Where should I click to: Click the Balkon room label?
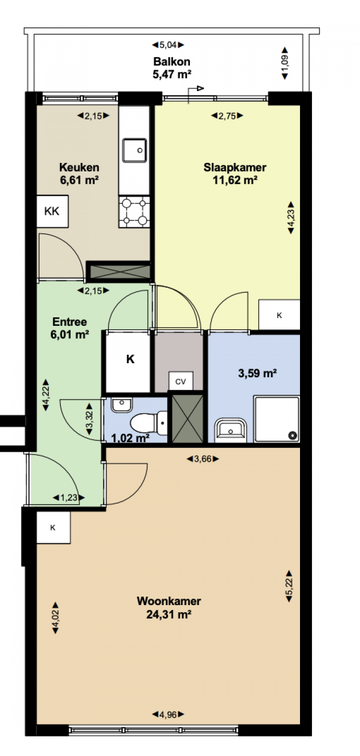171,61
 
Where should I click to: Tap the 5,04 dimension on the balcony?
168,44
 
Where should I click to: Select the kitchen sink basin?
134,150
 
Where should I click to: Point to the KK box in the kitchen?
52,211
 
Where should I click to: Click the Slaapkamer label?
234,167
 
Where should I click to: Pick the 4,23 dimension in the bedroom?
291,218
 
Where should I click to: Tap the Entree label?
69,322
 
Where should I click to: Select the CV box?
180,381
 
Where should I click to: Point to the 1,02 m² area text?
130,438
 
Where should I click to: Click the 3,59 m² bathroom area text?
257,373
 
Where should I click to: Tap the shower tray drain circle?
292,436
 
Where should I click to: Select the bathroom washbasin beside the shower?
230,430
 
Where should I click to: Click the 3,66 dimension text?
203,459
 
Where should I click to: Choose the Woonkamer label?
169,601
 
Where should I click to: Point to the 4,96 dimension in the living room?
168,714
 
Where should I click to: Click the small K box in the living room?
53,528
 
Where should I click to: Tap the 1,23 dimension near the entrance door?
69,498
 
